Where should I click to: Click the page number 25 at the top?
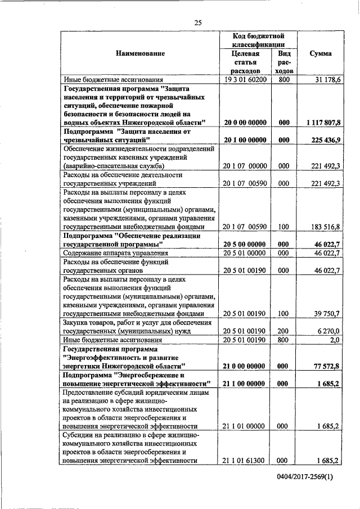tap(197, 22)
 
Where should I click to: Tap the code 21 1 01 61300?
tap(244, 461)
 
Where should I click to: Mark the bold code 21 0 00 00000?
tap(244, 366)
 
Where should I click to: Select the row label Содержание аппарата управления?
tap(116, 253)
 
